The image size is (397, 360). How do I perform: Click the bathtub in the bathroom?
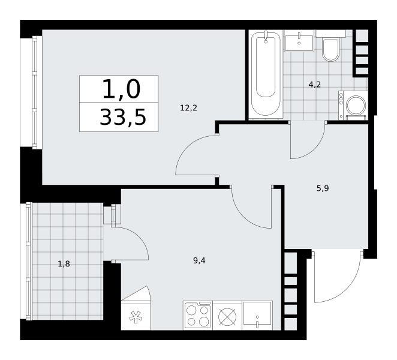[x=266, y=74]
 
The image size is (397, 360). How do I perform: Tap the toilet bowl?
[x=330, y=50]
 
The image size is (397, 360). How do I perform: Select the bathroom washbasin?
[x=299, y=43]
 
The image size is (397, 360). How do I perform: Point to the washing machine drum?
[x=356, y=105]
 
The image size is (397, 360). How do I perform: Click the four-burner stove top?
[x=198, y=316]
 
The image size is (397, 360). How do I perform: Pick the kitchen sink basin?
[x=257, y=316]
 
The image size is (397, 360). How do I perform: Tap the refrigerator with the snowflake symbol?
[x=136, y=316]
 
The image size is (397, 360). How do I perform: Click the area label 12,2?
[x=188, y=108]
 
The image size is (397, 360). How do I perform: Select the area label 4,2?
[x=314, y=85]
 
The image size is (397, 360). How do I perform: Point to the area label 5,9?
[x=323, y=188]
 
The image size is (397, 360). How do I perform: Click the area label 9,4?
[x=199, y=260]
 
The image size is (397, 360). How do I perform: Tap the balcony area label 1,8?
[x=64, y=264]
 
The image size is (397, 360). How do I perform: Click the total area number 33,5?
[x=123, y=117]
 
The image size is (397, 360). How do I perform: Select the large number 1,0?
[x=121, y=89]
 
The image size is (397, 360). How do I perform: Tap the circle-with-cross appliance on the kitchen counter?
[x=227, y=317]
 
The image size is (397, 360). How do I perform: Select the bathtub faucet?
[x=266, y=37]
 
